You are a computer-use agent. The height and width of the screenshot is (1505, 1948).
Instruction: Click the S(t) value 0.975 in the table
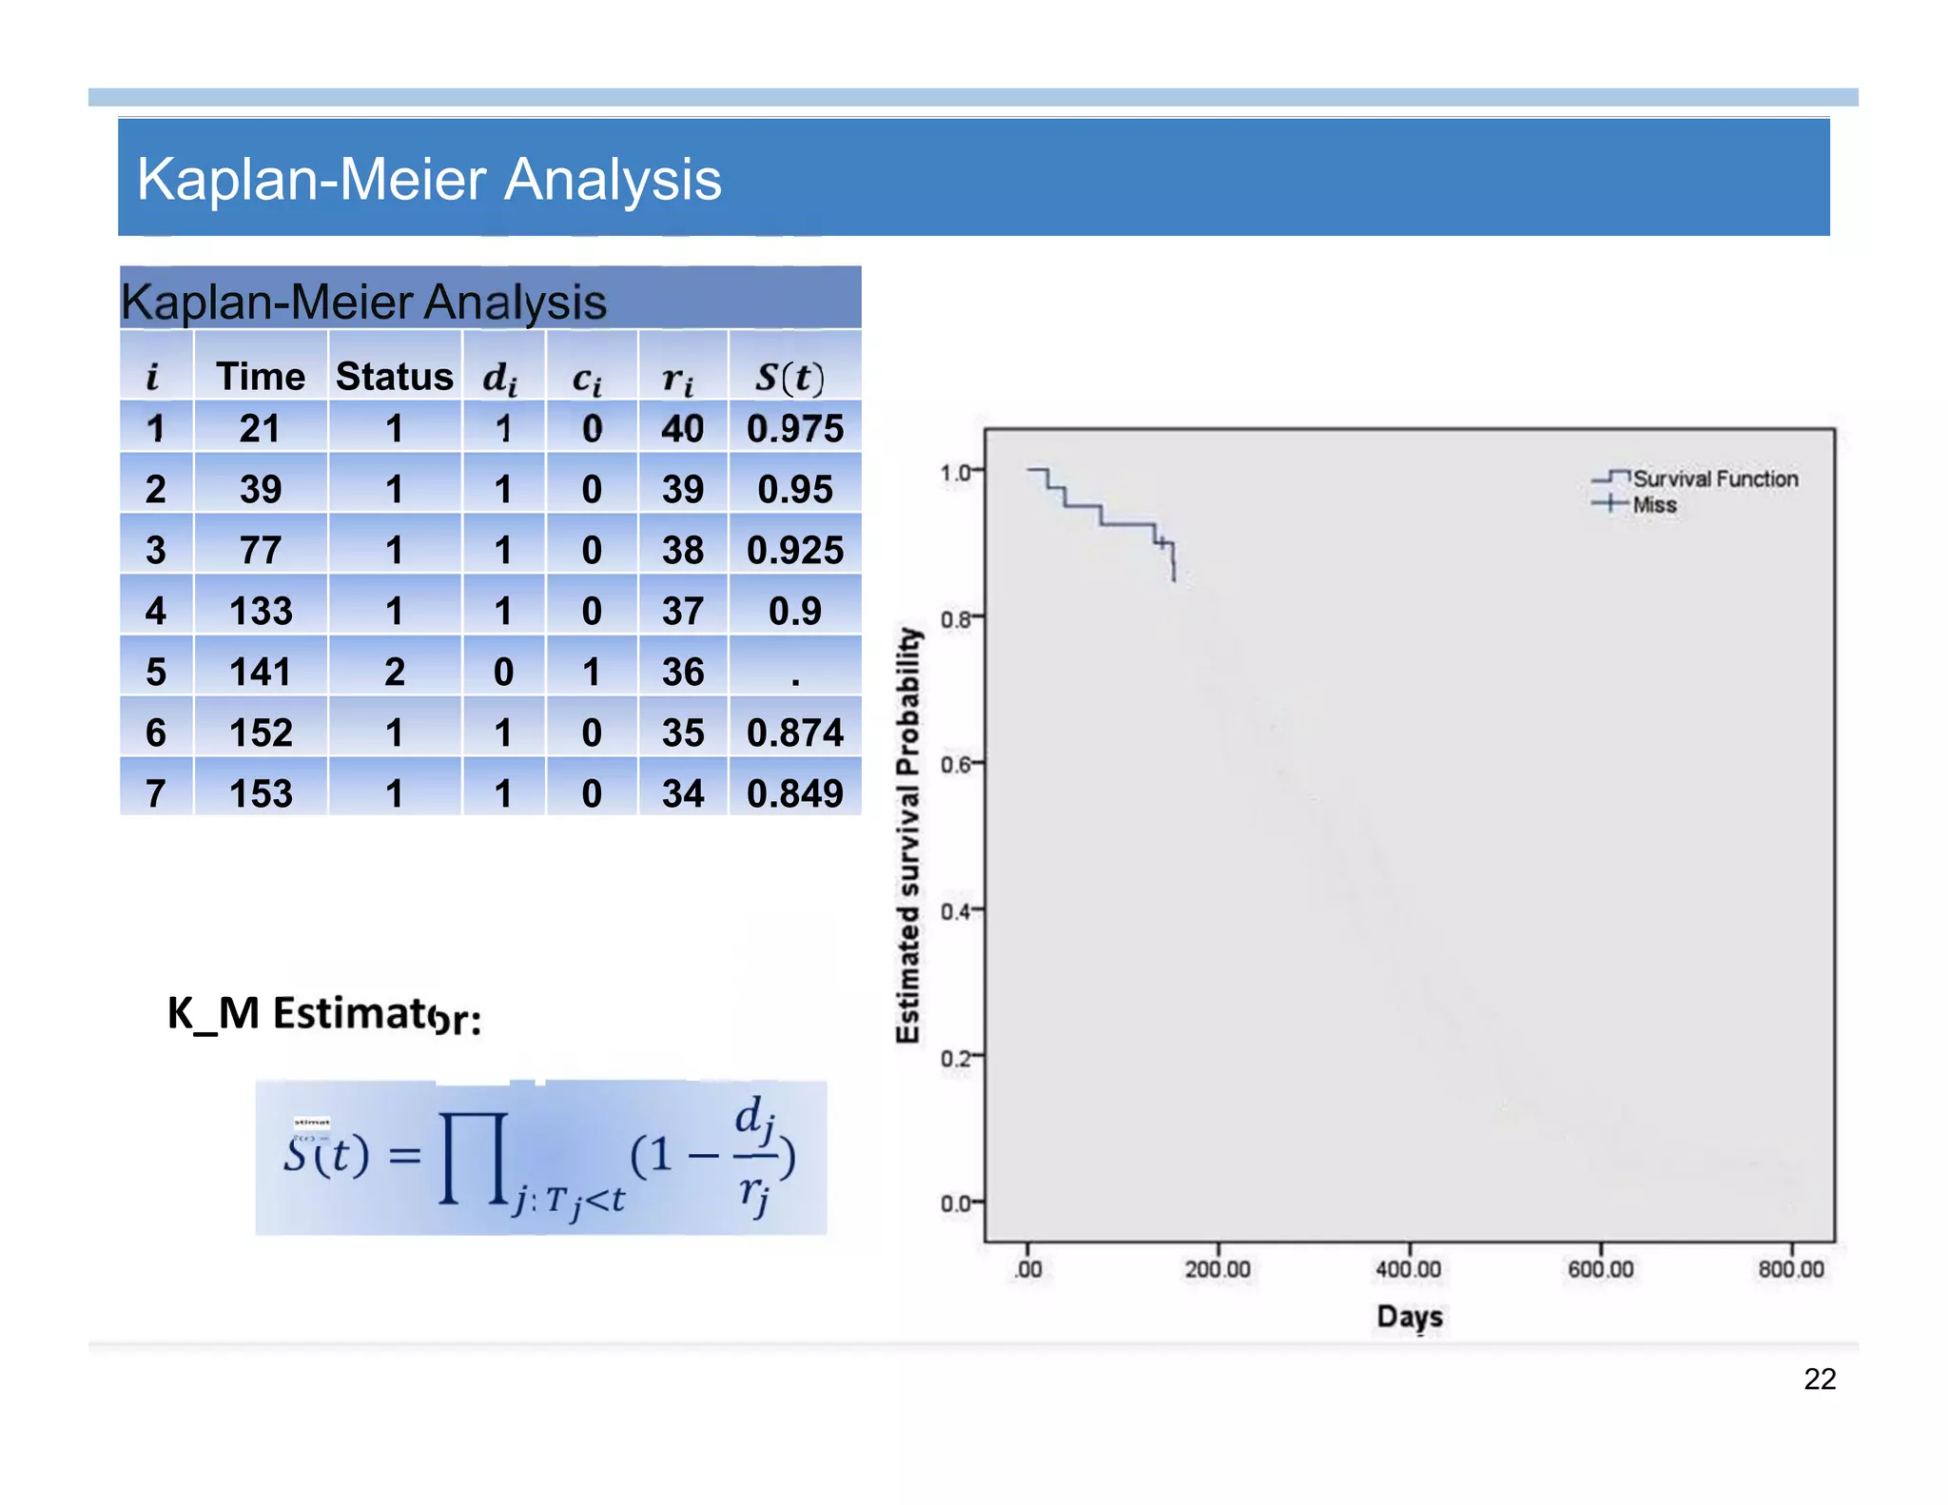(x=794, y=429)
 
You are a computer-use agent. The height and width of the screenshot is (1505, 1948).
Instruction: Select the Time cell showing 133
(x=261, y=611)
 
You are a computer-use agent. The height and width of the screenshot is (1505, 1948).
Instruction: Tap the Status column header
(x=394, y=377)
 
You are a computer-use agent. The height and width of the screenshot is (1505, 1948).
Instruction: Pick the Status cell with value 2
(x=394, y=672)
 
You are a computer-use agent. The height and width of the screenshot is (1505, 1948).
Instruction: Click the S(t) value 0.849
(x=794, y=793)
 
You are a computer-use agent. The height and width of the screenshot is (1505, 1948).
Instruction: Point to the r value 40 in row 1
(x=683, y=429)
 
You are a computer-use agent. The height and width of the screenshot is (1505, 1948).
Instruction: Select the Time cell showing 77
(x=261, y=550)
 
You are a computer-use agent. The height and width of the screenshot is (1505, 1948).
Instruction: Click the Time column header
(x=261, y=377)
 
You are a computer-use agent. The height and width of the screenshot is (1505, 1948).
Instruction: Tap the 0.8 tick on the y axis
(x=956, y=619)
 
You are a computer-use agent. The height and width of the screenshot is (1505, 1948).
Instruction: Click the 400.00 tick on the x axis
(x=1408, y=1269)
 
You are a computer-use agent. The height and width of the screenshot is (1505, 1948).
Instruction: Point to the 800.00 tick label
(x=1791, y=1269)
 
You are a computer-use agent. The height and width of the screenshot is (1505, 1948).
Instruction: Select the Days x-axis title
(x=1410, y=1317)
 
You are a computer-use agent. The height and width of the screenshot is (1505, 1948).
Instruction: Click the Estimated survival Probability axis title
(x=909, y=835)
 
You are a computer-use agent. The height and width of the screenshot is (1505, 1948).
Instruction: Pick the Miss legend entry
(x=1654, y=505)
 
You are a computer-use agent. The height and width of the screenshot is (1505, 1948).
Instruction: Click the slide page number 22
(x=1820, y=1378)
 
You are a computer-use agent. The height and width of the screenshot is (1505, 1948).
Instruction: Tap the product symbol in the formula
(x=473, y=1159)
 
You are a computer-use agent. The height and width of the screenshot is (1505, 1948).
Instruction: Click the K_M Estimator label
(x=323, y=1014)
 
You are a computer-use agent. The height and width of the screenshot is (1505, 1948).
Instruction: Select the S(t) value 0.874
(x=794, y=733)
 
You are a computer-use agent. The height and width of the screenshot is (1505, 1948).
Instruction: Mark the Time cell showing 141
(x=261, y=672)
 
